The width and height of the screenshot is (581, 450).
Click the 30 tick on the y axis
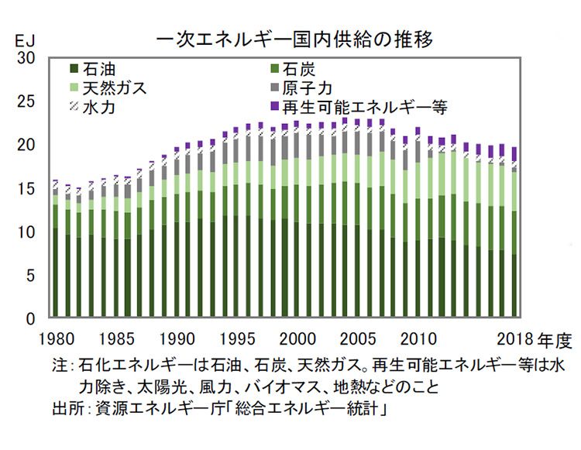pos(26,58)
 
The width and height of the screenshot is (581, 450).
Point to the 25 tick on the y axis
pos(26,101)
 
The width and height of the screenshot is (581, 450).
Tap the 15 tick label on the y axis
pos(26,188)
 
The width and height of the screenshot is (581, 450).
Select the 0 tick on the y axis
pos(31,318)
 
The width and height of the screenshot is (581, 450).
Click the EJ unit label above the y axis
pos(25,38)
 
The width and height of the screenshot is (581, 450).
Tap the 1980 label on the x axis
pos(56,338)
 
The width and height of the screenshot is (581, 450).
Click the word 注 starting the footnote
pos(58,365)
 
